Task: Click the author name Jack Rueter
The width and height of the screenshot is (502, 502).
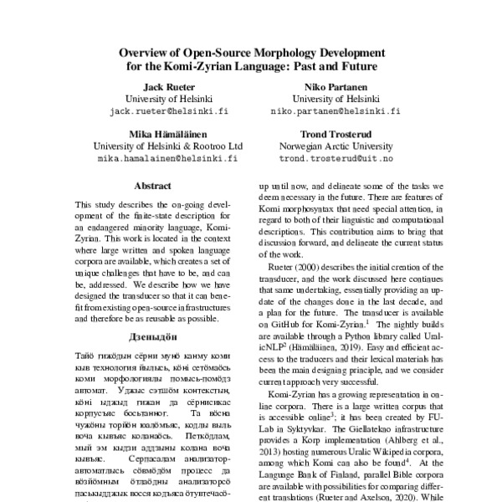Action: point(170,86)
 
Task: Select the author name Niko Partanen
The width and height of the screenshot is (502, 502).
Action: point(335,86)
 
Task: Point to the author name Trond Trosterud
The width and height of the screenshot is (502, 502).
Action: point(335,133)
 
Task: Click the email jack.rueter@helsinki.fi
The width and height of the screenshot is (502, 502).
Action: point(170,110)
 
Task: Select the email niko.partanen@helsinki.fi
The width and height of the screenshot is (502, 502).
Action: point(335,110)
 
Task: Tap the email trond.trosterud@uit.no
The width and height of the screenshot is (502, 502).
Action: point(335,157)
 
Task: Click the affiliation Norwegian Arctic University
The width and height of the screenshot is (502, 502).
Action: point(335,145)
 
